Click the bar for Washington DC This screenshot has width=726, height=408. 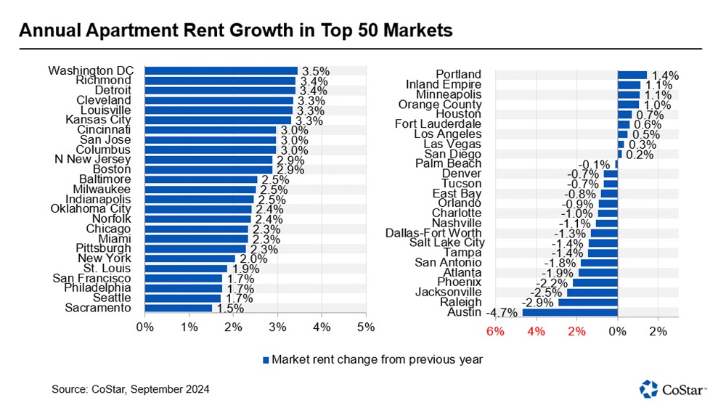coord(221,70)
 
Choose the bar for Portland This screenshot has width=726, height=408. coord(632,74)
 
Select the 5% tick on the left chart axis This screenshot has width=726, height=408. coord(366,327)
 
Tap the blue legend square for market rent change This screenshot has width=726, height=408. coord(266,359)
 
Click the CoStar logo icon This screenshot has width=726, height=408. coord(648,388)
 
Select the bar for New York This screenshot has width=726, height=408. coord(190,258)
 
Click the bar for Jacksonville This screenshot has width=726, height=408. coord(592,292)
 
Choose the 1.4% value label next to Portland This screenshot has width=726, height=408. coord(664,75)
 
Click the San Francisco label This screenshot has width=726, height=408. coord(91,278)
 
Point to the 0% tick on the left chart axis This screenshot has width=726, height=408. coord(144,327)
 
